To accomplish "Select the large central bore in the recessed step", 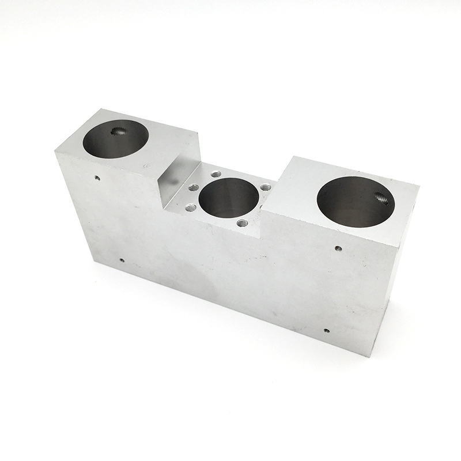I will pos(228,198).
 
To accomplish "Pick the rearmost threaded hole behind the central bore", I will pos(216,174).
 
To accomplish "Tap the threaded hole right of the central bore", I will pos(265,187).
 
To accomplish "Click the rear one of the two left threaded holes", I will pos(194,187).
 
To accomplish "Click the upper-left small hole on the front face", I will pos(97,177).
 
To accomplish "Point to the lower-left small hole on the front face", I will pos(122,260).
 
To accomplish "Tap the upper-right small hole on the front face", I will pos(338,249).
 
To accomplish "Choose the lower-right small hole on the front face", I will pos(326,331).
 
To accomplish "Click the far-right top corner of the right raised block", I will pos(419,186).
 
